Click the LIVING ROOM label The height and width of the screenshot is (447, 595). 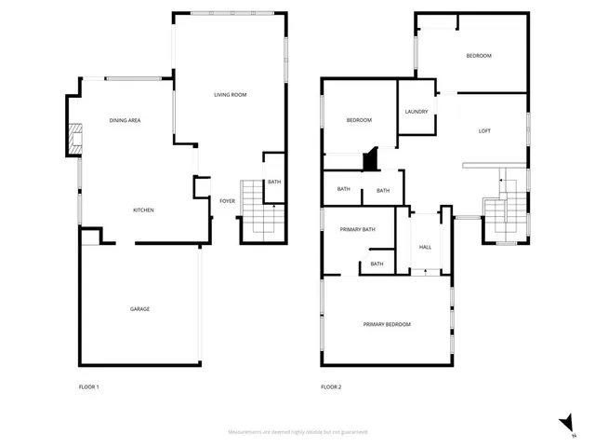click(x=230, y=95)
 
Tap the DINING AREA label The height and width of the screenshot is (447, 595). click(x=125, y=120)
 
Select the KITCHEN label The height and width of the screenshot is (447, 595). click(x=143, y=210)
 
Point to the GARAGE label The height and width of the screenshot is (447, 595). click(x=139, y=309)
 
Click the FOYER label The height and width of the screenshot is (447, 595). click(x=227, y=201)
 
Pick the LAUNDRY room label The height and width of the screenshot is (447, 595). click(x=416, y=112)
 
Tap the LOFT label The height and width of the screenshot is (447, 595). click(x=484, y=131)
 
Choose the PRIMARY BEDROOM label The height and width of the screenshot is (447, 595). click(x=387, y=324)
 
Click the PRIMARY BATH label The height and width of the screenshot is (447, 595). click(x=357, y=229)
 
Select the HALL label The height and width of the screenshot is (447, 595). click(x=425, y=247)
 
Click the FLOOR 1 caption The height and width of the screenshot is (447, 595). click(x=89, y=386)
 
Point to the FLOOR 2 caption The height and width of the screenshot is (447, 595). click(x=331, y=386)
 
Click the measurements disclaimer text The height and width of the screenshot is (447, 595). click(x=297, y=432)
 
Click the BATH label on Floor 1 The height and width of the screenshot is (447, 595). click(x=274, y=182)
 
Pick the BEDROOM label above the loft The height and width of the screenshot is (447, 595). click(x=479, y=56)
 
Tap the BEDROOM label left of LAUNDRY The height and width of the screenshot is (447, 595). click(x=359, y=120)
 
